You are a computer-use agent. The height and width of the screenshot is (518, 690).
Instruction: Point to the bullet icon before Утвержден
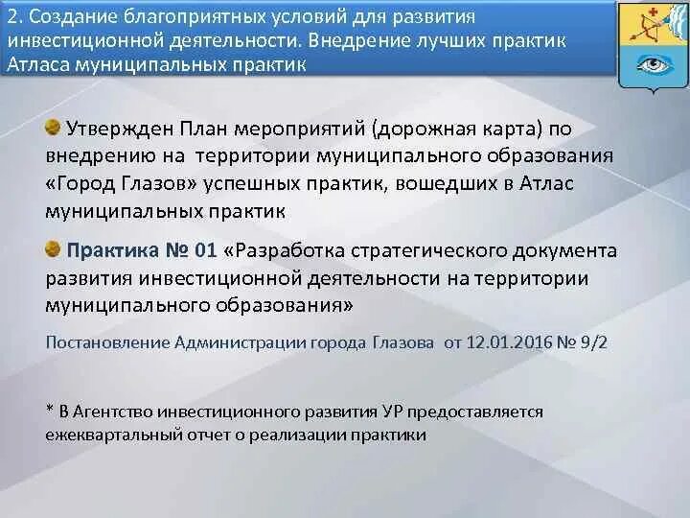point(54,127)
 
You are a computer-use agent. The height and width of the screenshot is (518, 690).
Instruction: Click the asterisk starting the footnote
point(49,411)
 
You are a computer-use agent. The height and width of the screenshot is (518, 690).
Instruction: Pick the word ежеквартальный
point(104,435)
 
